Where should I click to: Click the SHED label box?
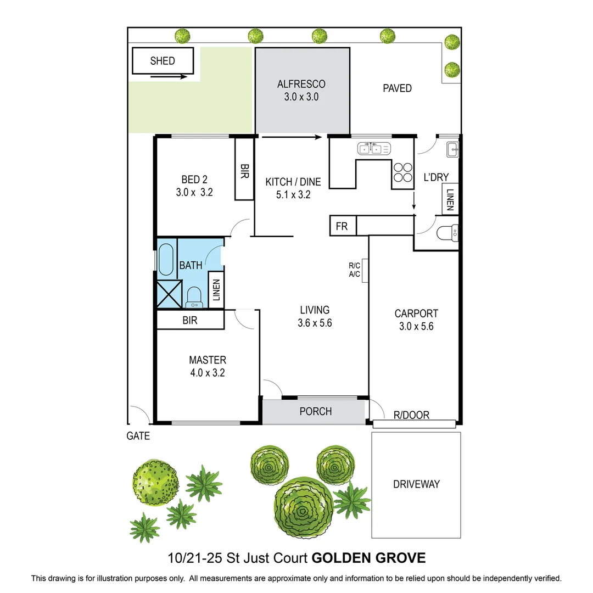pyautogui.click(x=163, y=61)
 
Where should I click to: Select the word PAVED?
pyautogui.click(x=397, y=88)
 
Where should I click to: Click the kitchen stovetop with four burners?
pyautogui.click(x=402, y=172)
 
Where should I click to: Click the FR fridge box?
pyautogui.click(x=342, y=226)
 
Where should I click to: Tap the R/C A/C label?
pyautogui.click(x=354, y=271)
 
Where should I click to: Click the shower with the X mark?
pyautogui.click(x=169, y=293)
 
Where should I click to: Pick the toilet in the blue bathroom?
pyautogui.click(x=194, y=298)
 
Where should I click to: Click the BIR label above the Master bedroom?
pyautogui.click(x=190, y=320)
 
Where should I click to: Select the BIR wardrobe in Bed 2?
pyautogui.click(x=244, y=169)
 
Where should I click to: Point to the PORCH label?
pyautogui.click(x=315, y=411)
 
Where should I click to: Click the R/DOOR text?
pyautogui.click(x=412, y=416)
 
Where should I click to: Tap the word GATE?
pyautogui.click(x=138, y=437)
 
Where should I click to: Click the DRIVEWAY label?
pyautogui.click(x=416, y=484)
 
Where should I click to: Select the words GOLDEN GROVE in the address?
pyautogui.click(x=368, y=558)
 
